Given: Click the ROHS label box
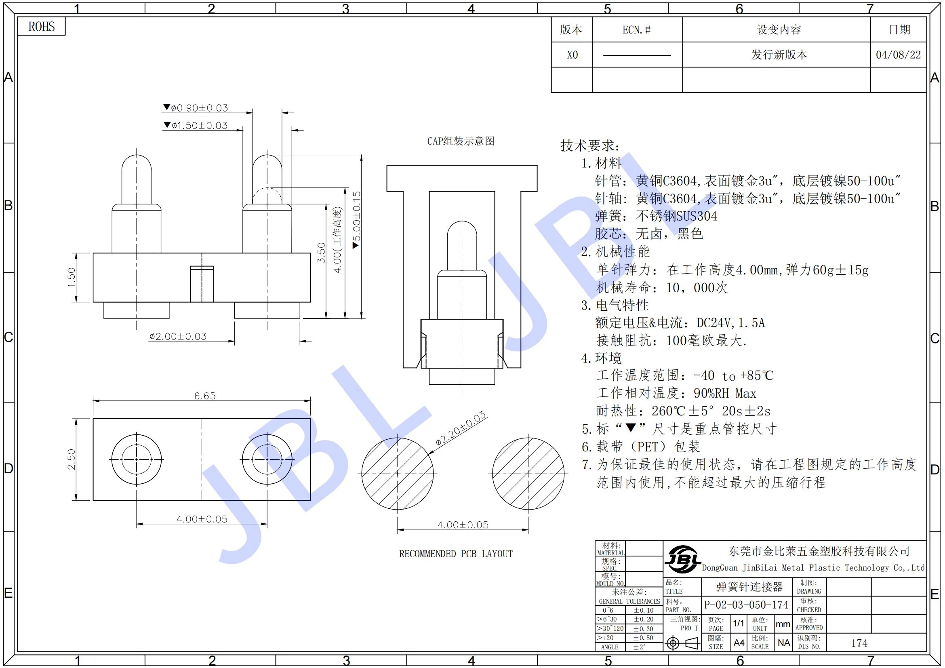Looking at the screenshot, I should [41, 27].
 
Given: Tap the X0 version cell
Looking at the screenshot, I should [572, 55].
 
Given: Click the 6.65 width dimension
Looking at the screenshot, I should [204, 396].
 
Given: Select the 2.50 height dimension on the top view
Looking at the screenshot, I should [72, 459].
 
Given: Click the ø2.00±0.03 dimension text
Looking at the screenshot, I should [178, 337].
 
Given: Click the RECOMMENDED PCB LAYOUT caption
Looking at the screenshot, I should [456, 554].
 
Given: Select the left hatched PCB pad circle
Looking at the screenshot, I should [397, 474].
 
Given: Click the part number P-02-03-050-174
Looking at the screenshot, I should [746, 605].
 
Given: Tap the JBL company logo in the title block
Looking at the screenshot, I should [682, 559].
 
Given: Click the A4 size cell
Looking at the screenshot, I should [739, 643].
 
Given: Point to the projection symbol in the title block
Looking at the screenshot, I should [682, 643].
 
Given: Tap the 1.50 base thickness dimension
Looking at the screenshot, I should [72, 277].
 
